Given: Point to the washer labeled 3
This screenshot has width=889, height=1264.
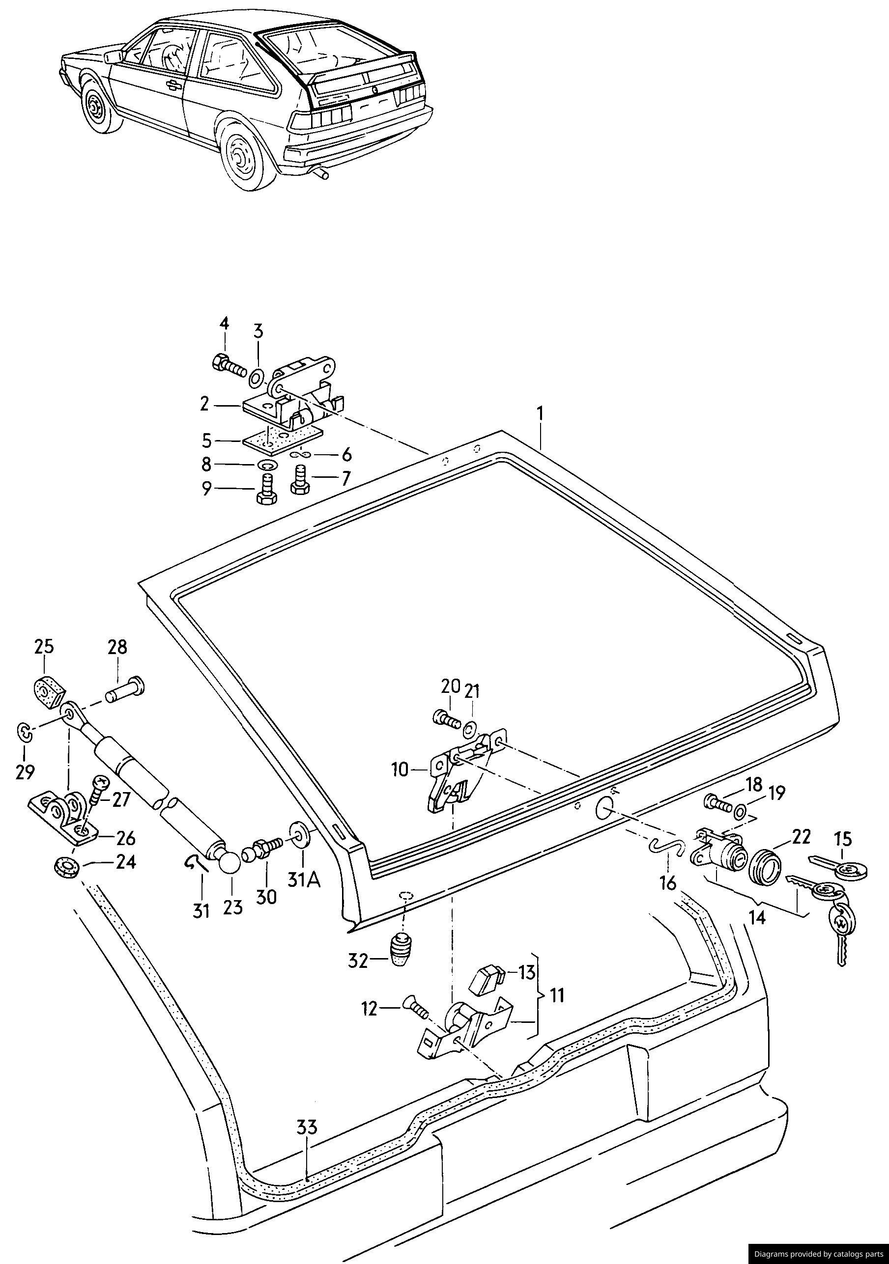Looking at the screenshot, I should tap(256, 379).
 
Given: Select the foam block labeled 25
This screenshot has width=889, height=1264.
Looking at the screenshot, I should tap(47, 689).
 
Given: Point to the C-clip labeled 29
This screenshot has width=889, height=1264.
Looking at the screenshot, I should tap(25, 731).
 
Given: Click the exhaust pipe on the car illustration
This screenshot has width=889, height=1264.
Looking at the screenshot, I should tap(319, 174).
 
